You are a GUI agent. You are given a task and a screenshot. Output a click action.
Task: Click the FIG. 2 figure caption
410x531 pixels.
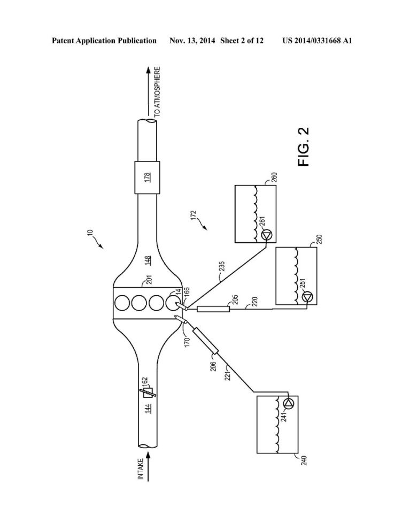[304, 147]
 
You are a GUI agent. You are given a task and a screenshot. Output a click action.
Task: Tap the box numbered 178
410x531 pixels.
[148, 178]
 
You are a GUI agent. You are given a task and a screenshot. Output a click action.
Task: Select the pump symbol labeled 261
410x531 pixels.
[267, 235]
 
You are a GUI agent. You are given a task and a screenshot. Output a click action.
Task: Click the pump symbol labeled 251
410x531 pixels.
[308, 297]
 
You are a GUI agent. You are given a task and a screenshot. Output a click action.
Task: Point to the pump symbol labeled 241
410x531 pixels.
[289, 403]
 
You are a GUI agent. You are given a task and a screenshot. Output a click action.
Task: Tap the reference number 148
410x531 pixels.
[148, 260]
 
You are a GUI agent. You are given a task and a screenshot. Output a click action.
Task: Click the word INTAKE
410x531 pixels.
[141, 468]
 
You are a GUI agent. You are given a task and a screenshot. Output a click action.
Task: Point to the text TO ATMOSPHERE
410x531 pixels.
[157, 92]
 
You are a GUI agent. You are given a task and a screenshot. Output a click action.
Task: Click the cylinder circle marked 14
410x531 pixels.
[173, 303]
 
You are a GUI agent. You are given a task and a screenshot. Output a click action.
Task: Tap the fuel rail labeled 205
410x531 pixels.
[213, 309]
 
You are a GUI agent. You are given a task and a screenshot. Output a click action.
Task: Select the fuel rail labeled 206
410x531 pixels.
[205, 341]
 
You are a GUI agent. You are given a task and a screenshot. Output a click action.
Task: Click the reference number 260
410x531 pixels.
[274, 178]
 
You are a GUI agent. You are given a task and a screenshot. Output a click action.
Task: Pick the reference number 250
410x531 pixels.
[319, 240]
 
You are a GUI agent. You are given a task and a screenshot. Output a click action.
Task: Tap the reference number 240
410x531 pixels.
[304, 460]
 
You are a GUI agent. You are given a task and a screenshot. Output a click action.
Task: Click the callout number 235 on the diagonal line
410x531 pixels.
[222, 266]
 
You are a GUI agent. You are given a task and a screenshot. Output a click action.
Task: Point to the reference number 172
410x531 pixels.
[194, 216]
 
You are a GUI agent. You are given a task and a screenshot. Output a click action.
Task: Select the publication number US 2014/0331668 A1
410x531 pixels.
[317, 41]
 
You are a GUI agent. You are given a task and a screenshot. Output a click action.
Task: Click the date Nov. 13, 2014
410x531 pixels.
[192, 41]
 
